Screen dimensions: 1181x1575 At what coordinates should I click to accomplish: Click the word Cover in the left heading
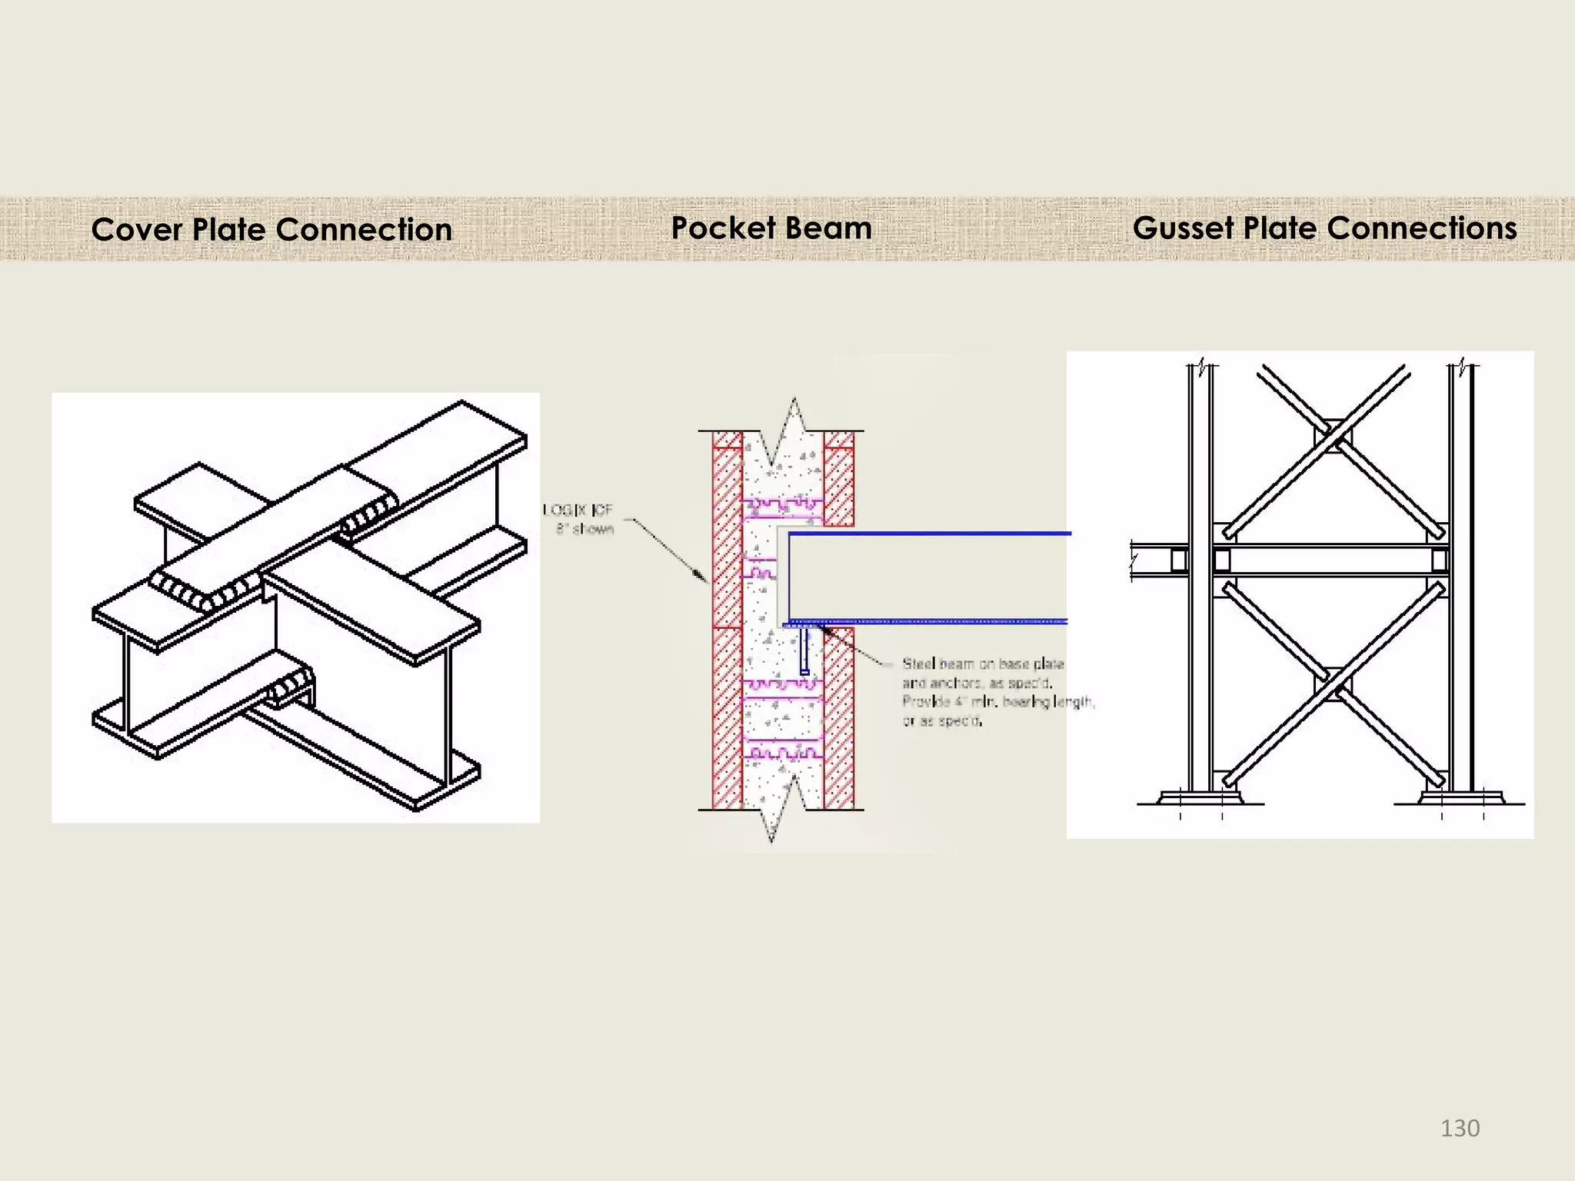click(x=136, y=230)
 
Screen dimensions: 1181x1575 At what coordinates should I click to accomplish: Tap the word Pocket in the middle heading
click(x=723, y=228)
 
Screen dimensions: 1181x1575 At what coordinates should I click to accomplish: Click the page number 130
click(x=1459, y=1128)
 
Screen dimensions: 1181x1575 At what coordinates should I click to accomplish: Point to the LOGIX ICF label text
click(x=578, y=510)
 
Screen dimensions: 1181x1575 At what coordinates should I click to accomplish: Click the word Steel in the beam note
click(x=917, y=664)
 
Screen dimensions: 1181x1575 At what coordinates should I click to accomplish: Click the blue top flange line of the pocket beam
click(x=923, y=533)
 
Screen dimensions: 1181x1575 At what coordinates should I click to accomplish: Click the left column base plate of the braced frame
click(x=1200, y=797)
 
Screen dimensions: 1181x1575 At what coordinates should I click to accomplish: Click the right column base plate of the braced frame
click(x=1460, y=797)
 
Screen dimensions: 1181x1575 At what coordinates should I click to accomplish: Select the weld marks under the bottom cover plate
click(x=291, y=687)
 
